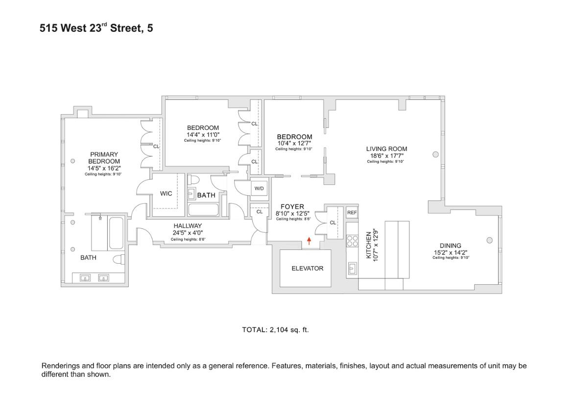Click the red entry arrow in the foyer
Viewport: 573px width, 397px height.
click(309, 241)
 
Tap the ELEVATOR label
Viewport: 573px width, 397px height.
click(307, 269)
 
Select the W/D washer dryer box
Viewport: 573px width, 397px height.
click(259, 189)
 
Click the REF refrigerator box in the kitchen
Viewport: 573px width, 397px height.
click(352, 213)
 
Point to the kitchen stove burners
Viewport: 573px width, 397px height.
click(352, 241)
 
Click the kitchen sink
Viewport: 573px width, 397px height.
click(352, 268)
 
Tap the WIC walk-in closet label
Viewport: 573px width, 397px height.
click(166, 194)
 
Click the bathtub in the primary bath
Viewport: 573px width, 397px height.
click(116, 233)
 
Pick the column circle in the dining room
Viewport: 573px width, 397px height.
click(489, 240)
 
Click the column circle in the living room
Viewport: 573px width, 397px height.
click(435, 154)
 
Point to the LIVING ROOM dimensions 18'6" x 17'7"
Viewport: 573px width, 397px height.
click(386, 156)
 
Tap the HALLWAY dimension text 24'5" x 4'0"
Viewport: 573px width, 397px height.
click(188, 233)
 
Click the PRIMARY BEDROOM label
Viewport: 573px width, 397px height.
click(103, 158)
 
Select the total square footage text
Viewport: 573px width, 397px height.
click(275, 330)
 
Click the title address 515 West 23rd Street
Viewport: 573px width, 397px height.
click(96, 28)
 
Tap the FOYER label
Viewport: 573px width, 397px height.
click(292, 207)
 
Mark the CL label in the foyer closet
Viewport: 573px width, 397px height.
click(333, 223)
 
